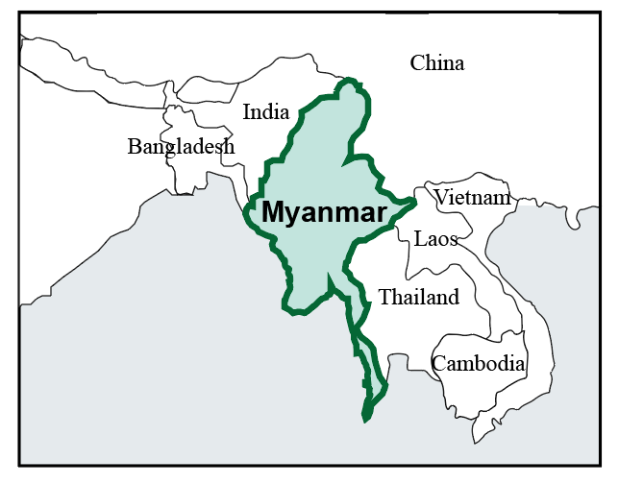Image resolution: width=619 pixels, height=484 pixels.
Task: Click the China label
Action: coord(436,63)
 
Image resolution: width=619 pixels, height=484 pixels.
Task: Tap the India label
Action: coord(266,112)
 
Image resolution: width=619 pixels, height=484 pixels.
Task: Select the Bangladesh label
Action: coord(181,147)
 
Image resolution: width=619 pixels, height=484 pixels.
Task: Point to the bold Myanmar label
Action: coord(324,212)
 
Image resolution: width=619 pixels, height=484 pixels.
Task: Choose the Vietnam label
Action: coord(472,198)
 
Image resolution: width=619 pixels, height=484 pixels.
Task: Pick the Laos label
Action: coord(435,238)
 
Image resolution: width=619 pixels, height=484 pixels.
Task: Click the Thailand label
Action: coord(419,298)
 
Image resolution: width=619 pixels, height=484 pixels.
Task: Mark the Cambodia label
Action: coord(478,364)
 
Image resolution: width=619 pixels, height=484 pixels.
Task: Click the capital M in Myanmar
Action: coord(274,212)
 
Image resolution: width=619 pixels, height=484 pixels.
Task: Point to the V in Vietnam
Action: coord(441,198)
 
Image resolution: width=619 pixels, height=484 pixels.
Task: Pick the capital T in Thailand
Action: coord(384,298)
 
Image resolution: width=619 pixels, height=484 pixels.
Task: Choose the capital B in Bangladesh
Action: coord(135,147)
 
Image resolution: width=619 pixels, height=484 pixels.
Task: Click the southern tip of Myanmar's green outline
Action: coord(364,419)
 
